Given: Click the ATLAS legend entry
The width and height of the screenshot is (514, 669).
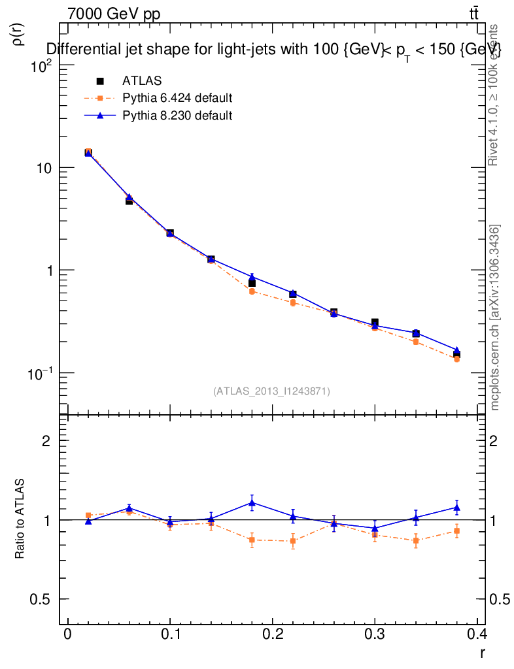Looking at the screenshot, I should point(142,81).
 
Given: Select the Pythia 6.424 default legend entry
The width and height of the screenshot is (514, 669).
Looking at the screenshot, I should point(177,99).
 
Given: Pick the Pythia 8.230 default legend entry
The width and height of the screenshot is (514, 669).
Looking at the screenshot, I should point(177,116).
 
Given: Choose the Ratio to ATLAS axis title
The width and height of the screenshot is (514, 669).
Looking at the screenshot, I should point(20,519).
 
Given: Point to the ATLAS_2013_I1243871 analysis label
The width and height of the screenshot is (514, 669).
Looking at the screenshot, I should point(271,391).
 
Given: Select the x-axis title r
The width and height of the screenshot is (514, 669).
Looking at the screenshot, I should point(482,652).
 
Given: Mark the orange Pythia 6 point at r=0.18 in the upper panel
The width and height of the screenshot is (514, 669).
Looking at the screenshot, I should point(252,291).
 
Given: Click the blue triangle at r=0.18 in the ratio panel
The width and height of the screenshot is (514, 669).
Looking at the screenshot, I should point(252,502).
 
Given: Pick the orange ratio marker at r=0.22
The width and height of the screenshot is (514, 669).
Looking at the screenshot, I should point(293,541).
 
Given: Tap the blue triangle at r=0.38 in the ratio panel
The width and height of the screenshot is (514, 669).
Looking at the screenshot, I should point(456,507).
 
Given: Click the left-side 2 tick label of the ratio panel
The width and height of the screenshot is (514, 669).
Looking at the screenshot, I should point(46,440).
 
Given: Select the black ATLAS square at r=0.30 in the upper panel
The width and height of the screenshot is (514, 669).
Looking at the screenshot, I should point(375,323).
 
